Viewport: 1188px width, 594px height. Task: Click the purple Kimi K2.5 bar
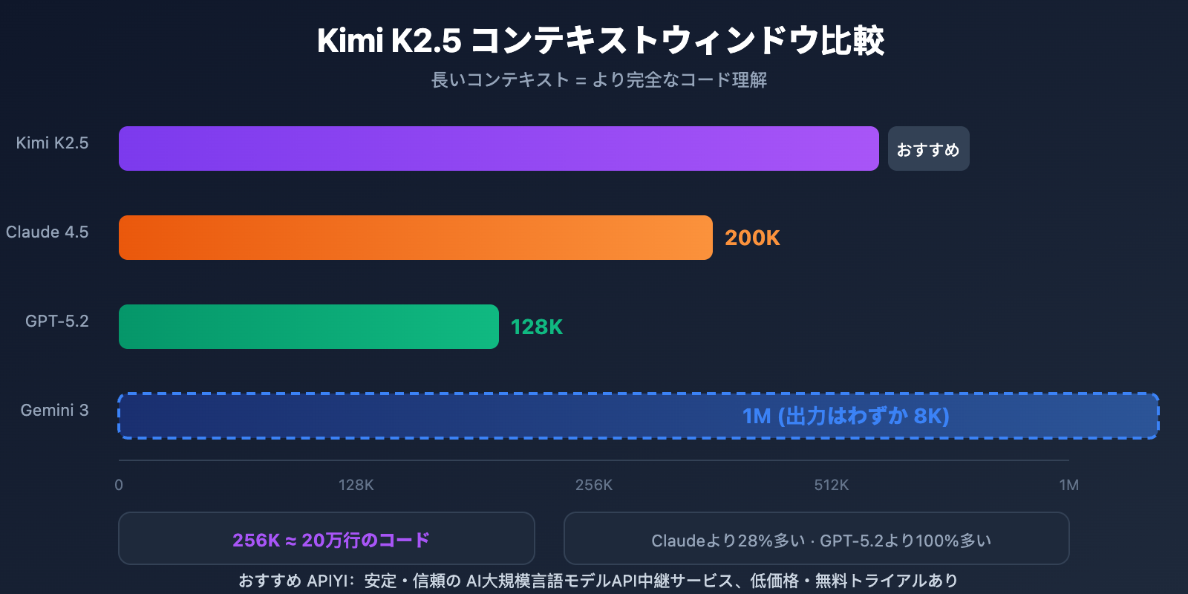(498, 148)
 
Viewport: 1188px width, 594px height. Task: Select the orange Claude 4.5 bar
(416, 238)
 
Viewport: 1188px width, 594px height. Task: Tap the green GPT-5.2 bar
(309, 327)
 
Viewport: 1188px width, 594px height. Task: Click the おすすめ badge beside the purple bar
(928, 149)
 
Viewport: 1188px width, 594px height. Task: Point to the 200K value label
(752, 238)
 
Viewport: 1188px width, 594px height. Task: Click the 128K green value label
(537, 327)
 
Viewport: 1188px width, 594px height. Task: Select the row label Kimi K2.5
(52, 143)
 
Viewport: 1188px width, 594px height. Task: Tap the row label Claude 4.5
(47, 232)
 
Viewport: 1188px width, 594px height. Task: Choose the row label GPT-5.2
(56, 321)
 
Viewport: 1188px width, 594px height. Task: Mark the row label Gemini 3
(54, 410)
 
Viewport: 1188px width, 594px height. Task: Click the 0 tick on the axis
(119, 485)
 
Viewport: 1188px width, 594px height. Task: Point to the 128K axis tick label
(356, 485)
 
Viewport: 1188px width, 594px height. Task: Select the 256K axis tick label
(594, 485)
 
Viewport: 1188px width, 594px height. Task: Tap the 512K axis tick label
(831, 485)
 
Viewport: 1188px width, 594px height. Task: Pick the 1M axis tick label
(1068, 485)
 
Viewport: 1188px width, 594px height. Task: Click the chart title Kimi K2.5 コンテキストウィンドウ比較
(600, 40)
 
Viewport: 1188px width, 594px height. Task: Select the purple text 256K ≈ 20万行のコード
(331, 540)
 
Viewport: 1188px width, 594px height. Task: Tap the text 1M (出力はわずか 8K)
(846, 416)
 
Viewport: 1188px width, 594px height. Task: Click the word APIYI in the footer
(327, 581)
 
